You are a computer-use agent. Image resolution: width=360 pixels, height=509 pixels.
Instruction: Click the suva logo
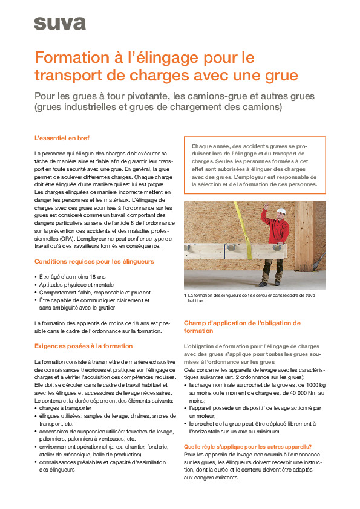(59, 23)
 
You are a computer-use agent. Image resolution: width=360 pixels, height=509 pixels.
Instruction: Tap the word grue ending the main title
(281, 76)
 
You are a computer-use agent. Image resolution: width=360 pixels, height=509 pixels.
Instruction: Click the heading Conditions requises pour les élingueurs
(94, 261)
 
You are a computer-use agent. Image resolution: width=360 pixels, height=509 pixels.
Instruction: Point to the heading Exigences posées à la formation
(83, 346)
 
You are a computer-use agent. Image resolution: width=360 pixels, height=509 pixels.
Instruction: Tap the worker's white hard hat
(280, 211)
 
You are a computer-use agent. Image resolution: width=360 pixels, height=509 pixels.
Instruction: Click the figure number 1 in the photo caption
(185, 295)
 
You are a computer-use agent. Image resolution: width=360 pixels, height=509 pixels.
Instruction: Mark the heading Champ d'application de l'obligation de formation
(242, 327)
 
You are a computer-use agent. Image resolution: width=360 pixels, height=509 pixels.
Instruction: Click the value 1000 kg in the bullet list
(313, 384)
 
